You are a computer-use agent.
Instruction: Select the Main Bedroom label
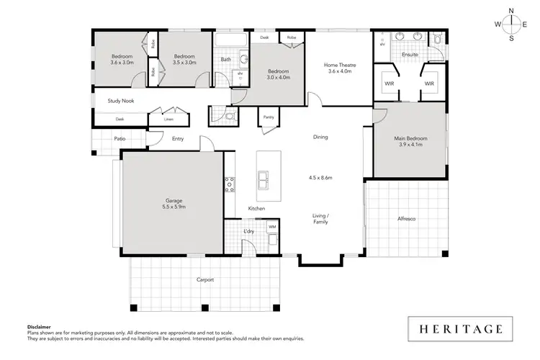coord(410,138)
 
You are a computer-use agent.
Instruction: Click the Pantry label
coord(269,116)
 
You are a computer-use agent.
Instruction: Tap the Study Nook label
coord(120,101)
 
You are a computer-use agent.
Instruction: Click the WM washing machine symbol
coord(272,227)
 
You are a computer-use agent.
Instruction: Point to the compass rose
coord(511,24)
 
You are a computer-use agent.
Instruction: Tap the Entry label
coord(178,139)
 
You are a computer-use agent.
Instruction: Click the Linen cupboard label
coord(169,119)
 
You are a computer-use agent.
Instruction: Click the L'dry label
coord(249,231)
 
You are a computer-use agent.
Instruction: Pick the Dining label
coord(320,137)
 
